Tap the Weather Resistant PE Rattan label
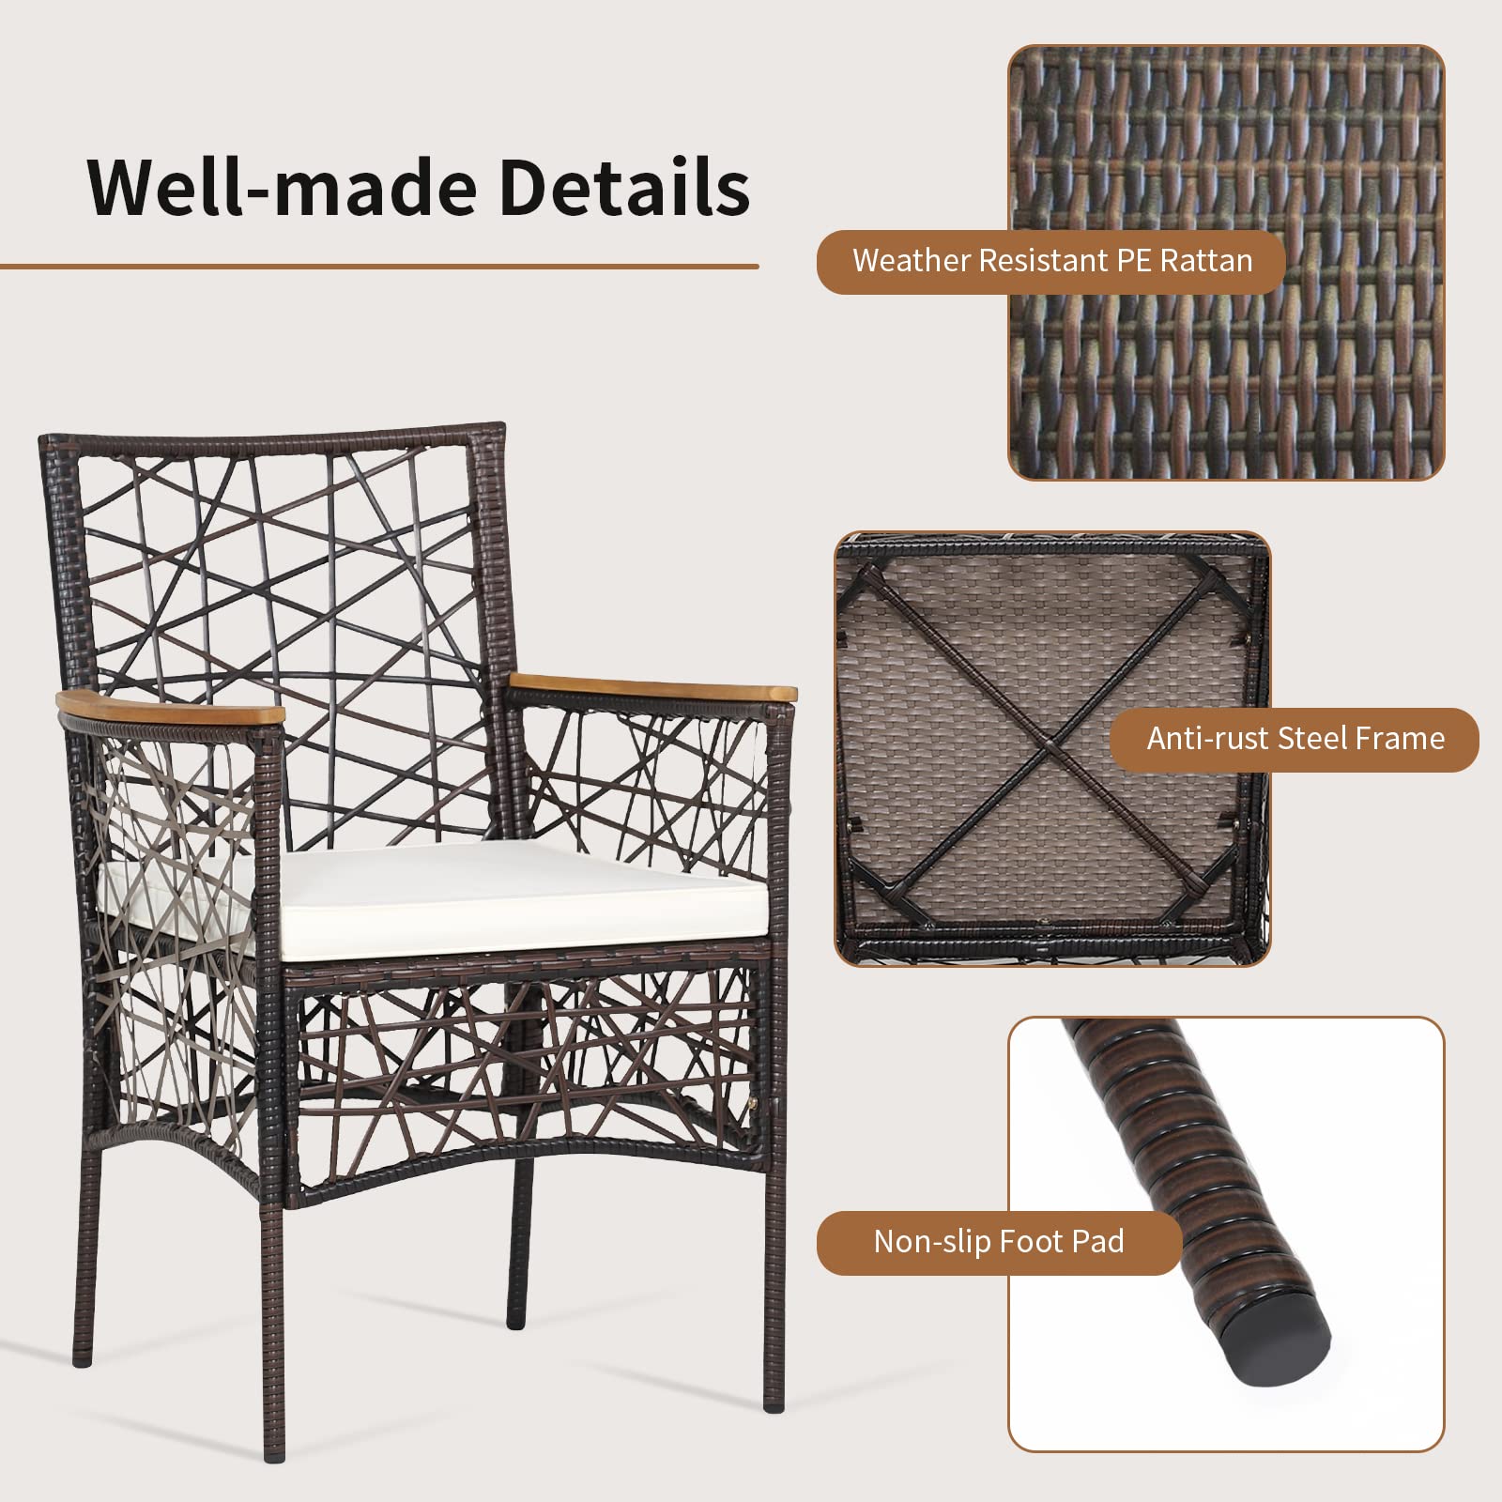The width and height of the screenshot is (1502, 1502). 1051,261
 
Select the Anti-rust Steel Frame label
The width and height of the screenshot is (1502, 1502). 1295,739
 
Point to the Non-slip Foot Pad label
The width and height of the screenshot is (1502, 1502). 999,1242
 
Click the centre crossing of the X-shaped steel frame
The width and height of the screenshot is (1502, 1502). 1049,749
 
